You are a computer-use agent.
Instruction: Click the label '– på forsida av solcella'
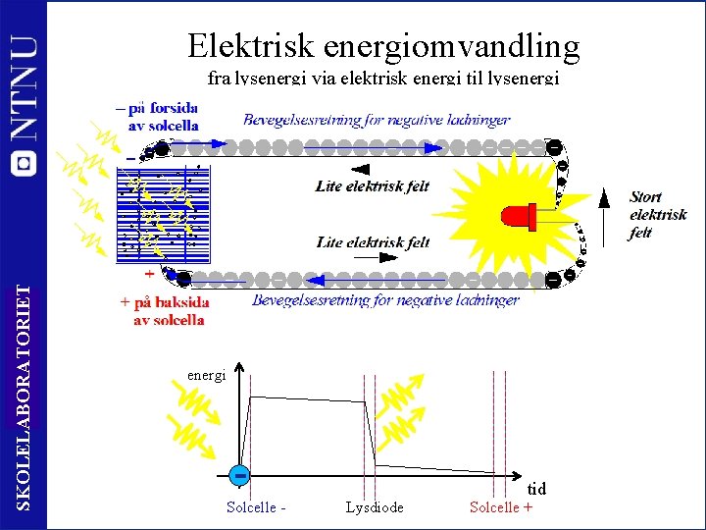[x=158, y=117]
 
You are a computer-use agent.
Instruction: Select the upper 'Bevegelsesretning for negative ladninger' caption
[x=377, y=120]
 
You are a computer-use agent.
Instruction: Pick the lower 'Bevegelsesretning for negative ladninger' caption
[x=384, y=300]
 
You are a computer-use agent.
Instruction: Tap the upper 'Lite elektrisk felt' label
[x=373, y=186]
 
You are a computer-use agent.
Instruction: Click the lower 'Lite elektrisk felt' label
[x=373, y=241]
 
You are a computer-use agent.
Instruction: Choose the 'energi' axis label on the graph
[x=206, y=374]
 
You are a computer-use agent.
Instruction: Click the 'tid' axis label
[x=536, y=489]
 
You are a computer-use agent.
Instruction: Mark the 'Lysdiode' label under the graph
[x=375, y=507]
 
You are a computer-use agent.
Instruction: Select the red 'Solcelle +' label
[x=501, y=507]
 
